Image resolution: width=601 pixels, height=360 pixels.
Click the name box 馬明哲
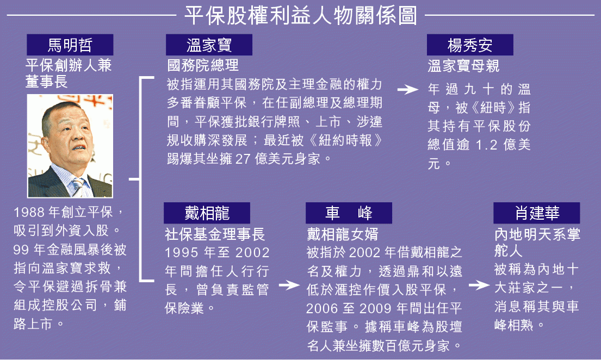click(70, 45)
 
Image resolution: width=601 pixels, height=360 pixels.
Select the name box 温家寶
click(209, 45)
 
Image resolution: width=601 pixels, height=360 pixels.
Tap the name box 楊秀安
click(470, 45)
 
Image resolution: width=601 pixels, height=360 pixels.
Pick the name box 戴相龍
click(207, 213)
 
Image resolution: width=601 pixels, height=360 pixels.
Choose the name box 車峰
click(349, 213)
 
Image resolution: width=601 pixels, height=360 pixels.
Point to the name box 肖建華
click(537, 213)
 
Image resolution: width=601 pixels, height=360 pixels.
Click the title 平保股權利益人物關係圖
click(301, 15)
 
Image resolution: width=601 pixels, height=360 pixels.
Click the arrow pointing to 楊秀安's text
click(408, 90)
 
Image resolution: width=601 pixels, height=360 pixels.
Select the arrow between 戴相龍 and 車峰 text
click(289, 285)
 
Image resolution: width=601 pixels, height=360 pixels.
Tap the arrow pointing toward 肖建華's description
click(479, 285)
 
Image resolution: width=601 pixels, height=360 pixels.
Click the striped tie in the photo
click(78, 187)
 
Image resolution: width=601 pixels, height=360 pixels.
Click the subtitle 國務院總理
click(203, 66)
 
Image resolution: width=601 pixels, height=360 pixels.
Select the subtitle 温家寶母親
click(464, 66)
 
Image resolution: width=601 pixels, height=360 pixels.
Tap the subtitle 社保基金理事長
click(215, 234)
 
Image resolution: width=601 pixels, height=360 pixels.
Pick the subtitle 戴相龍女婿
click(342, 234)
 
